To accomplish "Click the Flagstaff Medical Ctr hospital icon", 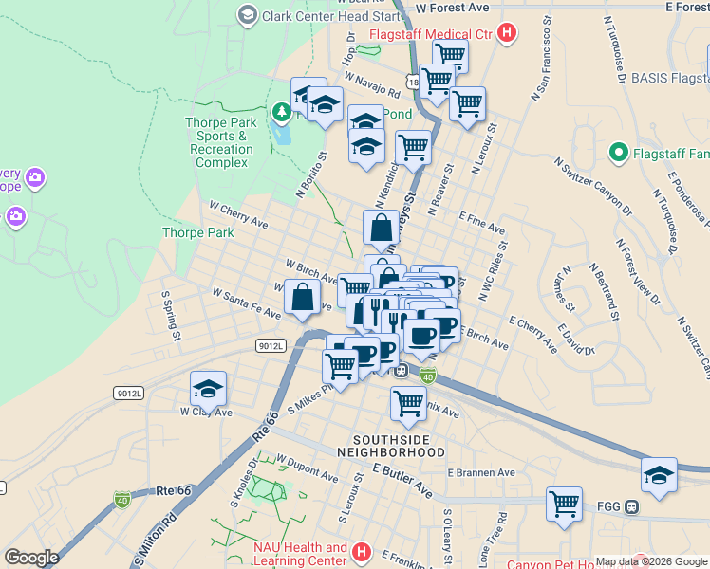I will click(507, 34).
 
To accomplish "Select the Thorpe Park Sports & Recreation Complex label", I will click(220, 142).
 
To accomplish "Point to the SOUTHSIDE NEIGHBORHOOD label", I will click(399, 447).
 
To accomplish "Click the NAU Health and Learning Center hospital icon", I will click(361, 551).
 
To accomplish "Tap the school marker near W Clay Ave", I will click(208, 389).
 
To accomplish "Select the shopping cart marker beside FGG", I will click(564, 503).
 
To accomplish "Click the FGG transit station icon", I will click(631, 506).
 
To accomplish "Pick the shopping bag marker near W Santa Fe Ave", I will click(302, 297).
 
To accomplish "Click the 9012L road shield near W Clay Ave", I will click(128, 393).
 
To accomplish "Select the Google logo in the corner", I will click(31, 558).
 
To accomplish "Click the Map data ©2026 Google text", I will click(650, 561).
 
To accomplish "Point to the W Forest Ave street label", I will click(452, 8).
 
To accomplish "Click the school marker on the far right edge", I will click(659, 474).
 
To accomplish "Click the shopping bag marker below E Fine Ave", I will click(381, 229).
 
